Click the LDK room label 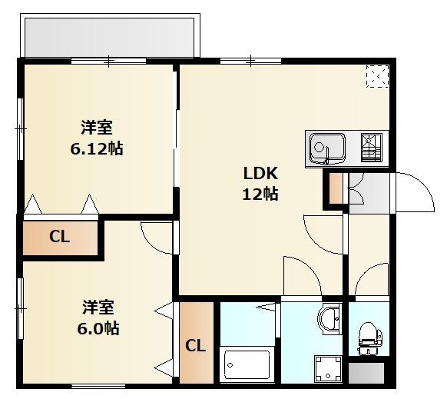[x=260, y=173]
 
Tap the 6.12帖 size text [x=97, y=148]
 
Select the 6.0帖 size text [x=98, y=328]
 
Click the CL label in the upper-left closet [x=59, y=237]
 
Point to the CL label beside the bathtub [x=196, y=346]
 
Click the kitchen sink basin [x=327, y=148]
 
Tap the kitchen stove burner [x=372, y=148]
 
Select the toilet [x=369, y=338]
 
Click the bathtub [x=247, y=364]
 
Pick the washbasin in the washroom [x=329, y=319]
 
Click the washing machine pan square [x=328, y=369]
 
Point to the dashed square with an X [x=377, y=76]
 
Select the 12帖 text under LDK [x=260, y=194]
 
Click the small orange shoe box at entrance [x=336, y=188]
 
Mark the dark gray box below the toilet [x=366, y=374]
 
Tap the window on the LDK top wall [x=250, y=61]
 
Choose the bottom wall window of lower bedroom [x=98, y=387]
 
